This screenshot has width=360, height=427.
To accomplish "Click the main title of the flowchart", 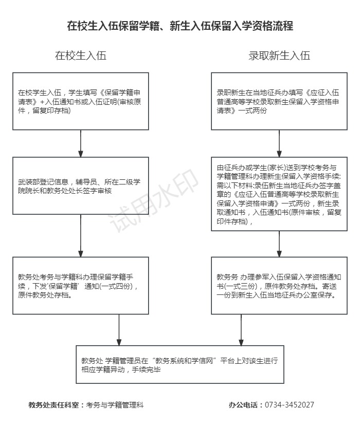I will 180,26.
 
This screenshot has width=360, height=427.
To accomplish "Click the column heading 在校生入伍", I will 81,56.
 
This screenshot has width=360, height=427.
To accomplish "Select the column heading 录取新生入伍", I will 279,56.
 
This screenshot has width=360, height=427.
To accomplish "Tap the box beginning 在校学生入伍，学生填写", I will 81,101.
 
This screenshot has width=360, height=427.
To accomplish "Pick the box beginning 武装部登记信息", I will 81,185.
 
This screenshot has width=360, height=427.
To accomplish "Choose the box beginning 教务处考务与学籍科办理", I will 81,285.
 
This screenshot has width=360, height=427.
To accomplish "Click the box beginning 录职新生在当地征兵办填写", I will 279,101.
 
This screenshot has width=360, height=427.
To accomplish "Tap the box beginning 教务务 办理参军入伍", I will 279,285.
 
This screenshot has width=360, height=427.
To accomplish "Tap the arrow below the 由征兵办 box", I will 279,244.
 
